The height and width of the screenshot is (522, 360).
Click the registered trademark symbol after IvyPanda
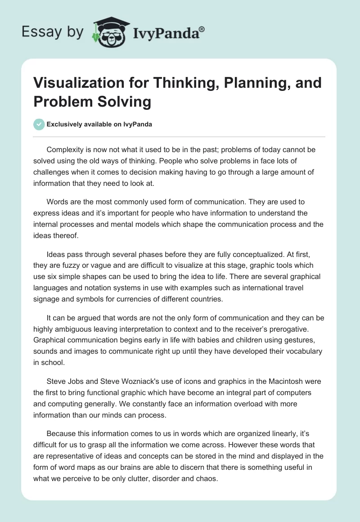[x=202, y=29]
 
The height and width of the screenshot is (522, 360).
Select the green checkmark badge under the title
[x=39, y=124]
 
